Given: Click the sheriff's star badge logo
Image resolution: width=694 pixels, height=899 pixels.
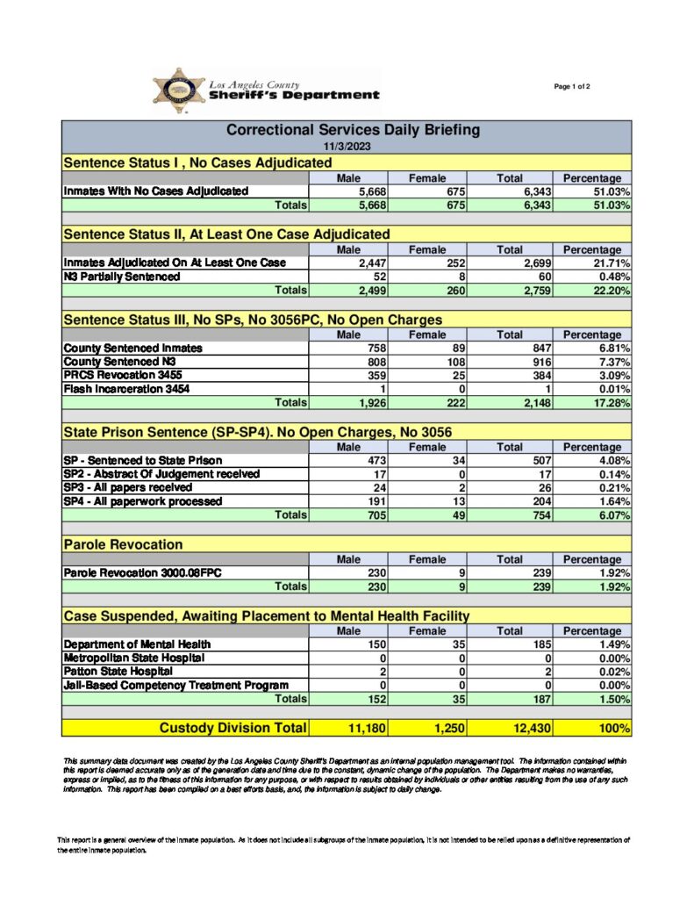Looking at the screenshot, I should (179, 91).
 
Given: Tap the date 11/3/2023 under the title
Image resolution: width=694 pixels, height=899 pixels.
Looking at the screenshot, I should (346, 146).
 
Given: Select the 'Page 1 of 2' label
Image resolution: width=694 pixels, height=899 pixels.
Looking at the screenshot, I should (572, 86).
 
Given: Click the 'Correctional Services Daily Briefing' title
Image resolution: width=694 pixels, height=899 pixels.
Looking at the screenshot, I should (353, 130).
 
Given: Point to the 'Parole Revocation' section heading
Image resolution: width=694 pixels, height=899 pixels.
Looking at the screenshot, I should (123, 545).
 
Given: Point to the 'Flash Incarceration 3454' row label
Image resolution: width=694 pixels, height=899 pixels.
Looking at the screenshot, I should (126, 389).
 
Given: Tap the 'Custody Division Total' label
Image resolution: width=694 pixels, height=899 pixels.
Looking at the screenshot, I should (233, 728).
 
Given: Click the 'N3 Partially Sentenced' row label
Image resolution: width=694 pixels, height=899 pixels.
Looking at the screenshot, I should (121, 277).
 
